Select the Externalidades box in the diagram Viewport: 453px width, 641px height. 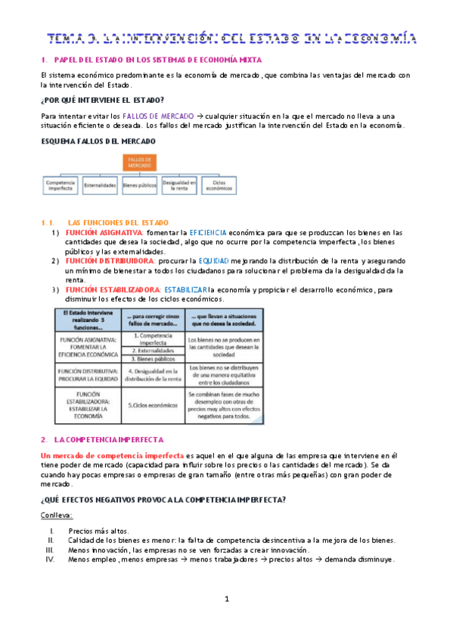click(x=100, y=184)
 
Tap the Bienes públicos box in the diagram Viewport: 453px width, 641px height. click(x=140, y=184)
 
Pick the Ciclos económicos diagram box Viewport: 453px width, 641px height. click(x=219, y=184)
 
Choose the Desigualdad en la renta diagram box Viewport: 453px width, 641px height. click(x=179, y=184)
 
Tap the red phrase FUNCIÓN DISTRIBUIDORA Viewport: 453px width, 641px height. click(x=102, y=261)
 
